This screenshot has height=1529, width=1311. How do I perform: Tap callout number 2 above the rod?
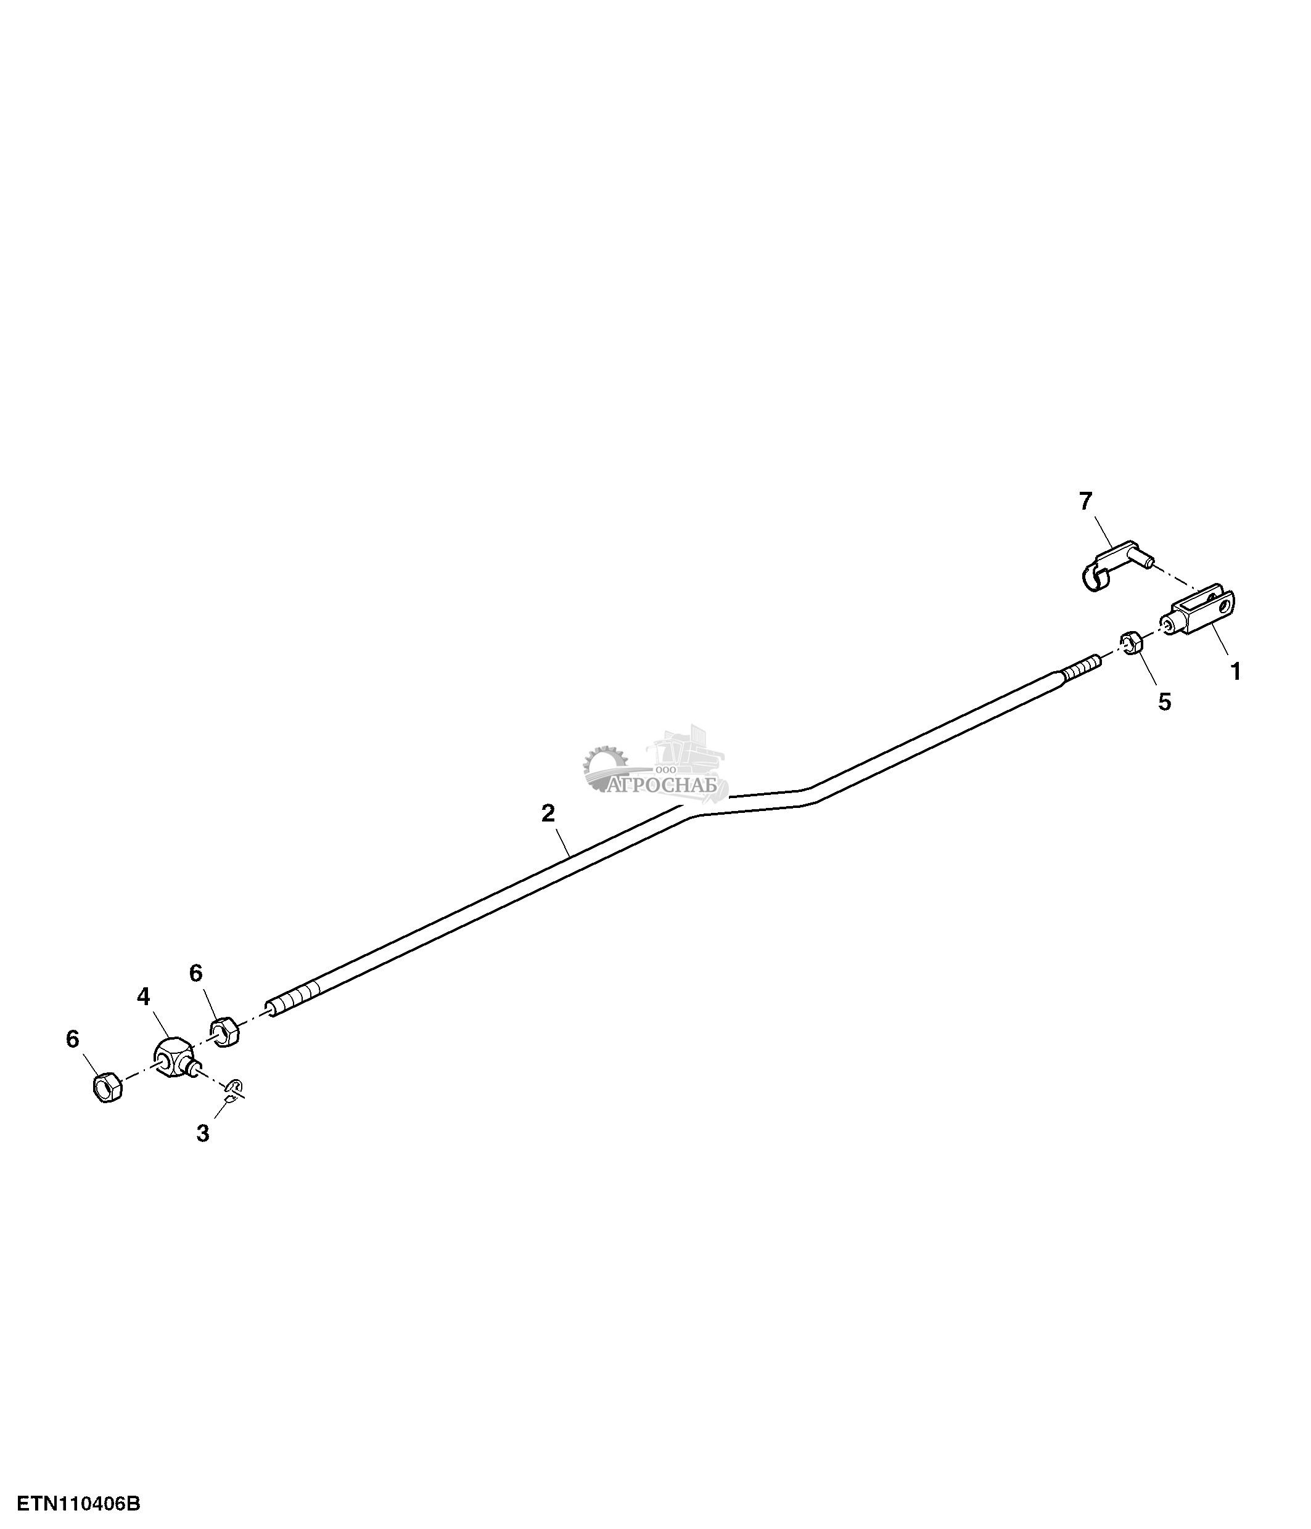[x=548, y=813]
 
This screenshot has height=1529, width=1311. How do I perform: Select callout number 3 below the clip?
[x=203, y=1133]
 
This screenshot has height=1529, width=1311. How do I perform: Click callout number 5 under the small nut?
[x=1164, y=702]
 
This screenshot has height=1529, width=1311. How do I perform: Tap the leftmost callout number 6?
[x=72, y=1039]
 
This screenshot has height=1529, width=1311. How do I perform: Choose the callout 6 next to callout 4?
[x=195, y=973]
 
